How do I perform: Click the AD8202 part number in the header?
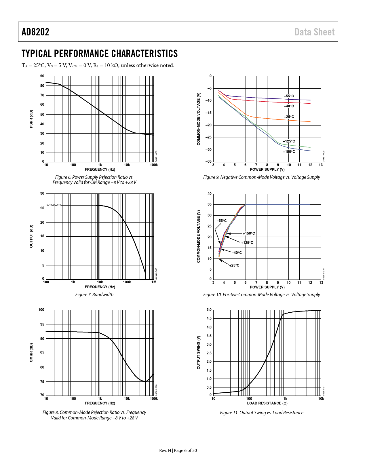(x=35, y=32)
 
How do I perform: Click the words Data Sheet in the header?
(x=314, y=32)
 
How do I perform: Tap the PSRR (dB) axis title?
(x=31, y=119)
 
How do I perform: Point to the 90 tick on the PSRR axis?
(x=42, y=76)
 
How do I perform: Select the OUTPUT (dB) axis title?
(x=31, y=236)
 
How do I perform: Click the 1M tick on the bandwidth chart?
(x=154, y=282)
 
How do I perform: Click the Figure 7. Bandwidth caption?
(x=94, y=294)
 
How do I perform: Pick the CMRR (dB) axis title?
(x=31, y=352)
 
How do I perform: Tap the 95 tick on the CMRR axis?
(x=42, y=324)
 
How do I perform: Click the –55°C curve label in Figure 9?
(x=289, y=96)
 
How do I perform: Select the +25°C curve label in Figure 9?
(x=289, y=117)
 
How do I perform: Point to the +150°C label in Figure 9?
(x=289, y=152)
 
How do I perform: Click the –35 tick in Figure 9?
(x=208, y=162)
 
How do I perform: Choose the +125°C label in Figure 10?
(x=247, y=243)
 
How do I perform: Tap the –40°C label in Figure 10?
(x=237, y=253)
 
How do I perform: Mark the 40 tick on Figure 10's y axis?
(x=210, y=194)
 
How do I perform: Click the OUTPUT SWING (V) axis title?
(x=198, y=352)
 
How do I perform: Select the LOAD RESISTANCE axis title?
(x=267, y=403)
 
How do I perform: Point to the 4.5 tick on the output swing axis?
(x=209, y=318)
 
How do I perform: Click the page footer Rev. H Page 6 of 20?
(x=178, y=451)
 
